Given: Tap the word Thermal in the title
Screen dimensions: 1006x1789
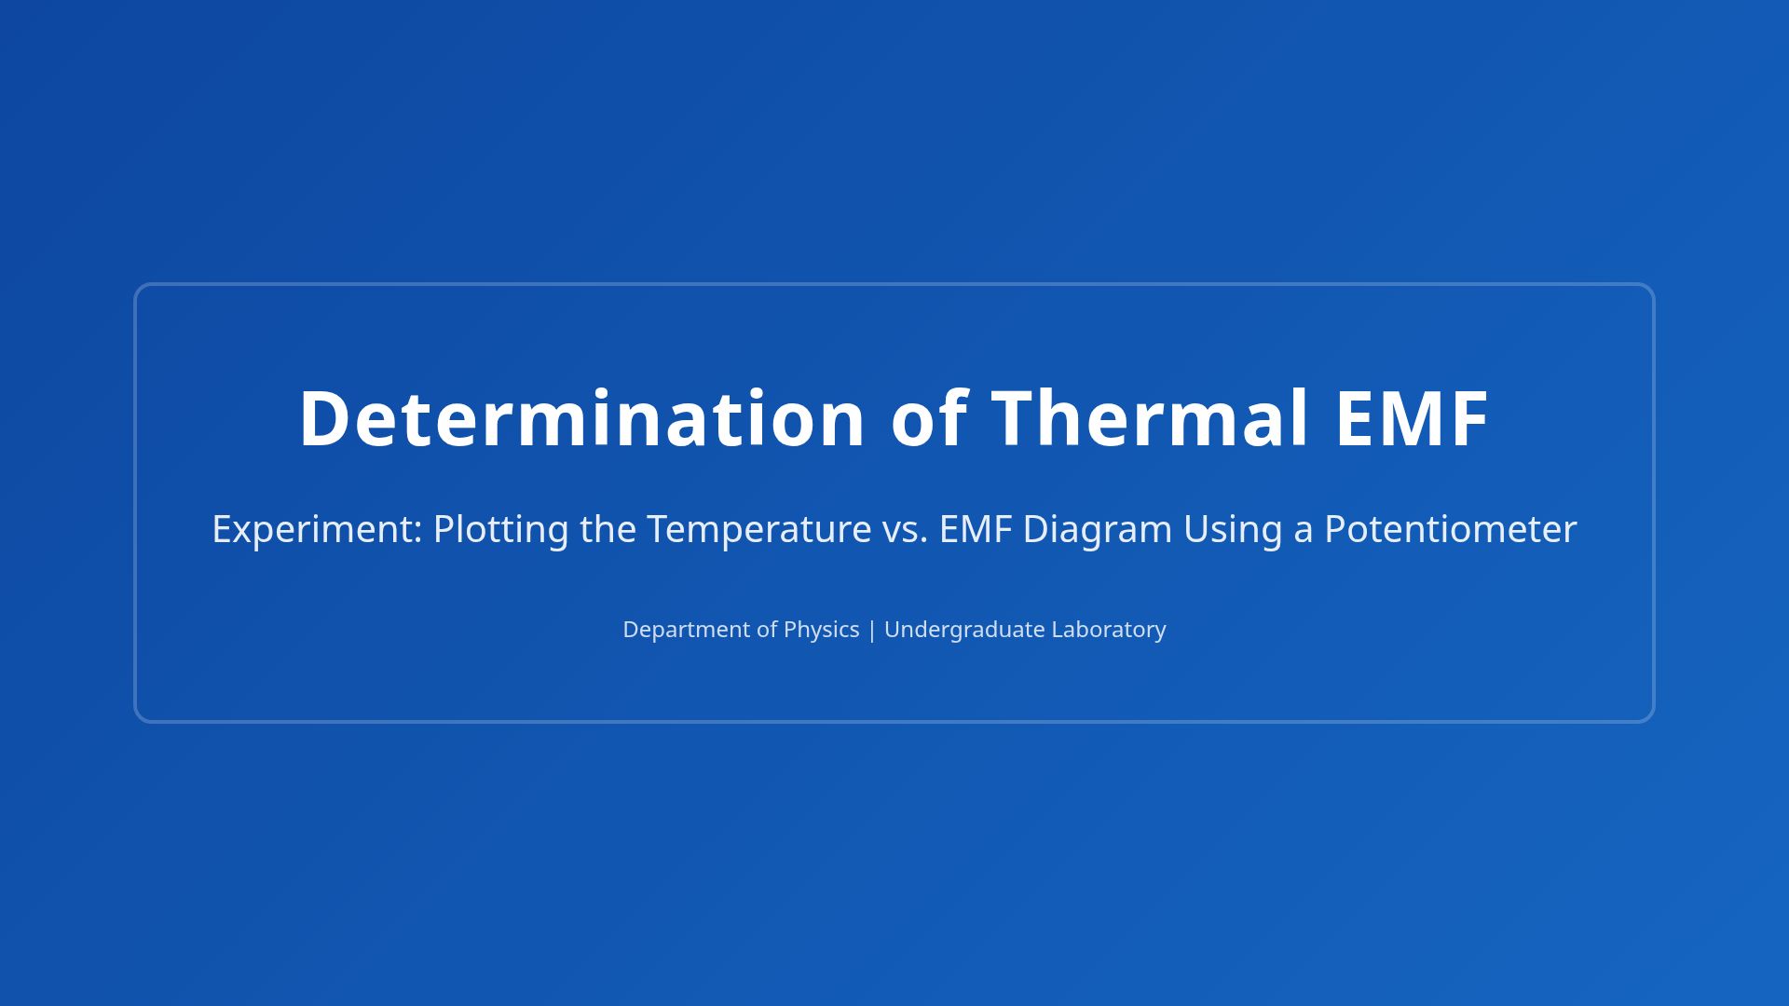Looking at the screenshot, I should pos(1150,418).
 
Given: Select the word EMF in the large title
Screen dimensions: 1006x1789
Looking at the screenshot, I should pos(1412,418).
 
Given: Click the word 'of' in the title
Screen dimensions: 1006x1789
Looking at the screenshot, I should pos(929,418).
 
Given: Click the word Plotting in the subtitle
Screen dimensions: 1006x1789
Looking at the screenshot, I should pos(500,529).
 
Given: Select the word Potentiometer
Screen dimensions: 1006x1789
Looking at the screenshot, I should pos(1451,529).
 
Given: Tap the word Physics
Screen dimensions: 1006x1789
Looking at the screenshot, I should pos(821,630).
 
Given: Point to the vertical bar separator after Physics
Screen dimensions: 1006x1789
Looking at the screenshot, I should pos(872,630).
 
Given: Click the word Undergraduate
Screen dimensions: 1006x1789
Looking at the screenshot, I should pos(964,630).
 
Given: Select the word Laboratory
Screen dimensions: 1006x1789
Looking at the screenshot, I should pos(1109,630).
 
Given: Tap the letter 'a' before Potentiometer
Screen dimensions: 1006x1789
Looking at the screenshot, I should pos(1304,529).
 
